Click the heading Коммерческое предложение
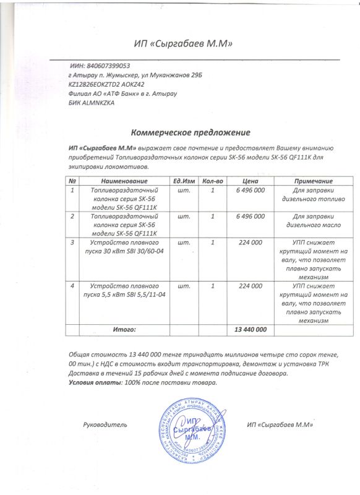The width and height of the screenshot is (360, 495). tap(190, 132)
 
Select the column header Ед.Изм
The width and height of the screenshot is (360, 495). tap(184, 180)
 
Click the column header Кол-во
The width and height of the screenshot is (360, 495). tap(212, 180)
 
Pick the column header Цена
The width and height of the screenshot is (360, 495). tap(251, 180)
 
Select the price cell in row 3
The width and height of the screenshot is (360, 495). tap(251, 243)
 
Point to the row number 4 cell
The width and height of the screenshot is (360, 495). tap(73, 286)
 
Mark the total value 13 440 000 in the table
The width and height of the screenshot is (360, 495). tap(251, 329)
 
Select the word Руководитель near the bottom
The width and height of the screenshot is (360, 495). tap(105, 425)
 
